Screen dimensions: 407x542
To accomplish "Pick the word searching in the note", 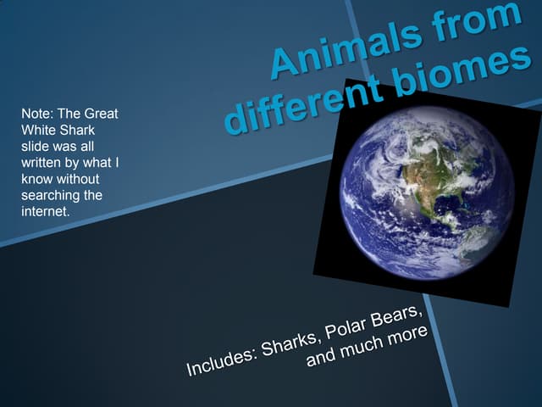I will coord(47,195).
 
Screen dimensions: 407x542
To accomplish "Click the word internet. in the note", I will coord(44,211).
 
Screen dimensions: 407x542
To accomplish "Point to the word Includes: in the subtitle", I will coord(220,361).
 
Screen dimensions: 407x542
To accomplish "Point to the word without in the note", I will coord(77,179).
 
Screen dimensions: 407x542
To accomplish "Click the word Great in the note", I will coord(100,114).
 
